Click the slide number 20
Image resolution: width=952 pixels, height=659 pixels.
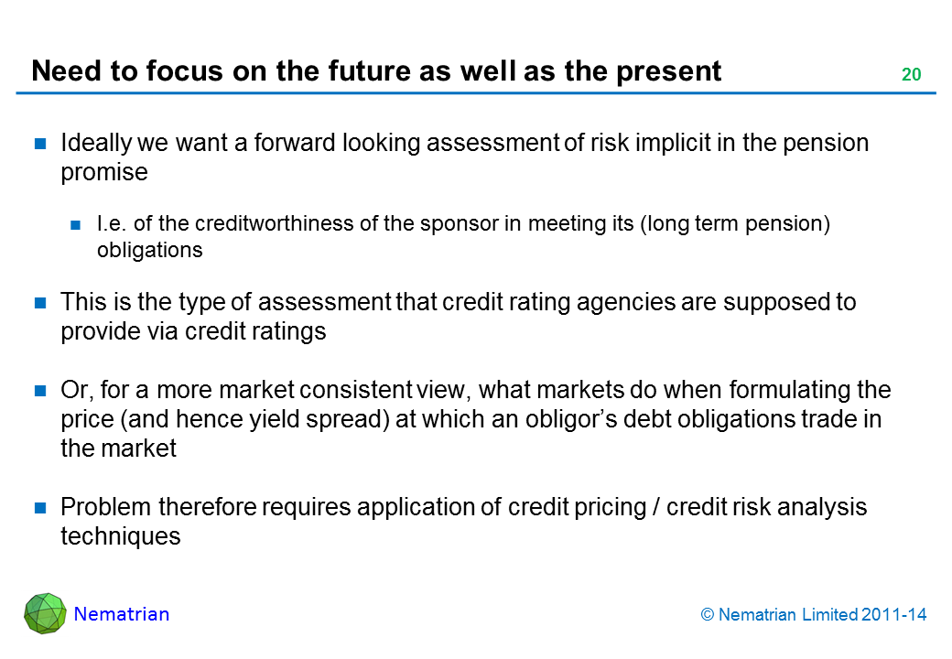click(x=912, y=74)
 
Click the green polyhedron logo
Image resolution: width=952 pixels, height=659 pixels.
click(x=45, y=613)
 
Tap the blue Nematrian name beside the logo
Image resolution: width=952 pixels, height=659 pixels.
click(x=122, y=614)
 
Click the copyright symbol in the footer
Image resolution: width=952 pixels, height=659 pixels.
click(x=708, y=615)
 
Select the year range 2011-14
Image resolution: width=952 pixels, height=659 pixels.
click(x=893, y=615)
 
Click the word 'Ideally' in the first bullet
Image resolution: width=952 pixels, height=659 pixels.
click(x=96, y=144)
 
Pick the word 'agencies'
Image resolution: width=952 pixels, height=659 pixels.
click(x=625, y=303)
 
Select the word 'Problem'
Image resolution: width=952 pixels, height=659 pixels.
click(x=105, y=507)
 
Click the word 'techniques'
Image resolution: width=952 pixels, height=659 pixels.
click(x=121, y=537)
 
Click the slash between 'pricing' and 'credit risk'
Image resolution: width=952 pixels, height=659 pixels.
click(x=656, y=507)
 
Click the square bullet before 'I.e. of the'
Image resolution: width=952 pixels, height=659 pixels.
click(x=76, y=225)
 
